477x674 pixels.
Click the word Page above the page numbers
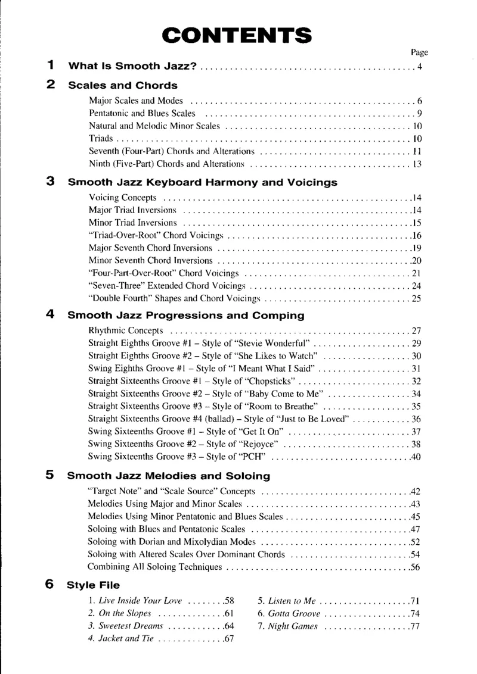[420, 52]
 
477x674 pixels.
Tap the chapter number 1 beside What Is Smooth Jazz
[51, 65]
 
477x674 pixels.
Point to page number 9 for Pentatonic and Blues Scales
[420, 113]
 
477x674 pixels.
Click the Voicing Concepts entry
[123, 197]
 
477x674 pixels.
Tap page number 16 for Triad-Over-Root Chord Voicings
[417, 235]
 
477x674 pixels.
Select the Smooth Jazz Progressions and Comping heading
[186, 315]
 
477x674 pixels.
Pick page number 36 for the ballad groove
[416, 419]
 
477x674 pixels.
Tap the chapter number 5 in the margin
[51, 475]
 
